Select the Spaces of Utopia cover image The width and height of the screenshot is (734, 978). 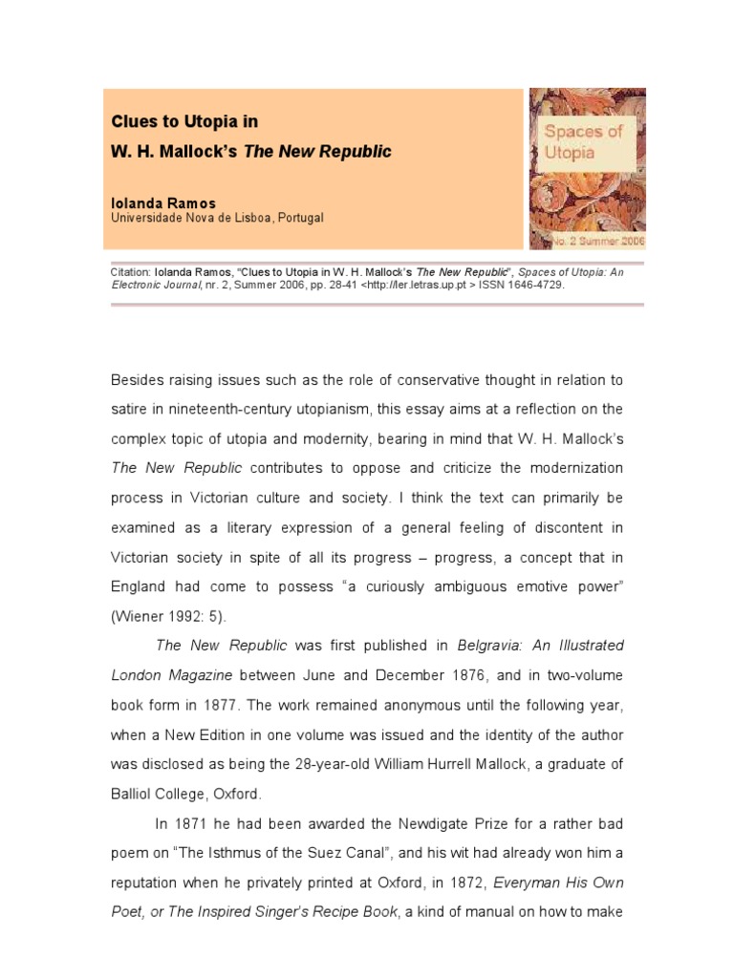[x=588, y=169]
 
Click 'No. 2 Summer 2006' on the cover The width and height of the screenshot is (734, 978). [x=599, y=243]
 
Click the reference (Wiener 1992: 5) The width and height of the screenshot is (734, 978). [x=169, y=617]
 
